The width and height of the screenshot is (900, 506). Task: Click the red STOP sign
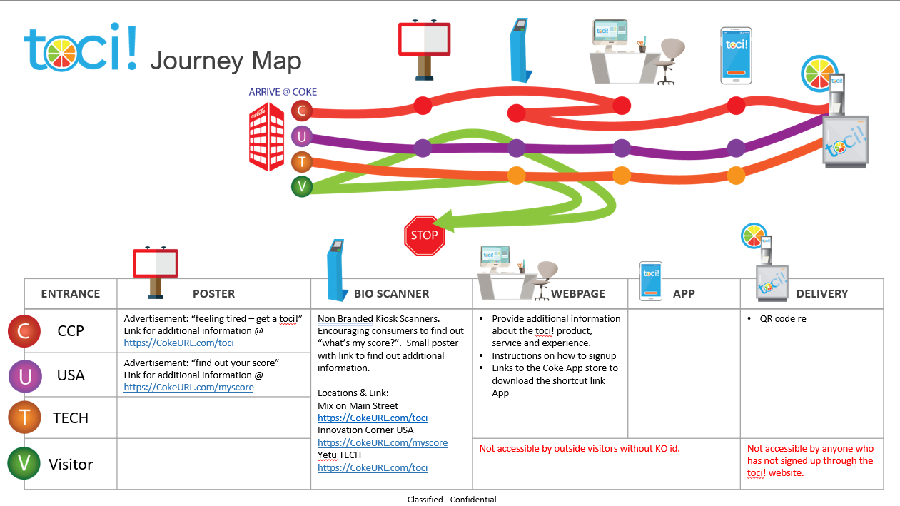click(x=424, y=236)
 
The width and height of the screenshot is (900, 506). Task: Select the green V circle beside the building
click(x=302, y=187)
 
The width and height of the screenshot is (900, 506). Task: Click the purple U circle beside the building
click(x=302, y=136)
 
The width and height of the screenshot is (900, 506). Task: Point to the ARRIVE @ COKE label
click(x=283, y=92)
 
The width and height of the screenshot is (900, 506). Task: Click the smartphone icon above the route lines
click(x=736, y=53)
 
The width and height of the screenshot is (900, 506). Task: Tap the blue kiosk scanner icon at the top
click(x=520, y=50)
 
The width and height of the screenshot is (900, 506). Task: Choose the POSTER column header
click(x=213, y=293)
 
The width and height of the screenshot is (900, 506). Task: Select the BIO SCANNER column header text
click(x=391, y=293)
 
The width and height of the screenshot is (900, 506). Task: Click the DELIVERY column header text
click(x=821, y=293)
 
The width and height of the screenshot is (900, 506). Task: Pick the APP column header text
click(x=683, y=293)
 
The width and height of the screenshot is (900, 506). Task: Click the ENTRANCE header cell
click(x=71, y=293)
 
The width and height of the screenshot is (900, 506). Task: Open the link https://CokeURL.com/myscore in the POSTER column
click(x=188, y=388)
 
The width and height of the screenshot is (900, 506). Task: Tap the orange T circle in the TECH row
click(x=25, y=418)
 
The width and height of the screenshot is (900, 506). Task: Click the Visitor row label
click(x=71, y=465)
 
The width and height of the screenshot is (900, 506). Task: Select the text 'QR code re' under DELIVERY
click(x=783, y=319)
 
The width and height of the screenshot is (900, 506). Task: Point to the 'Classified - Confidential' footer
click(x=452, y=500)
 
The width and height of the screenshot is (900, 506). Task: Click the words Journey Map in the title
click(x=226, y=61)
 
